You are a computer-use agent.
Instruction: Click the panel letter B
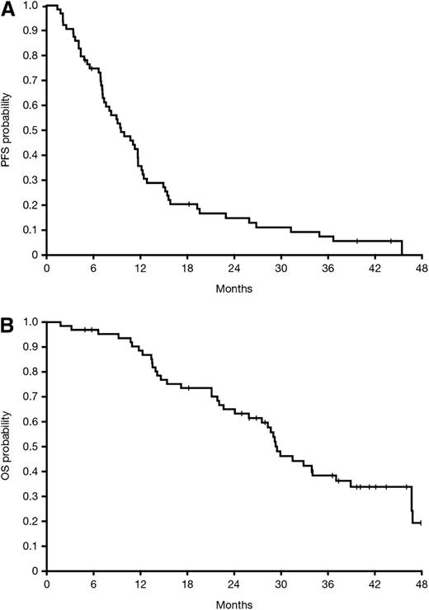coord(8,317)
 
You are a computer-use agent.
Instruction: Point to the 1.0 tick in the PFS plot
coord(30,6)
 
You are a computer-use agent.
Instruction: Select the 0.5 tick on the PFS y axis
coord(30,130)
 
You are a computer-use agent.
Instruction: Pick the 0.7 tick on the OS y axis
coord(30,397)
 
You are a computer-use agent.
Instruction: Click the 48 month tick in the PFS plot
coord(421,269)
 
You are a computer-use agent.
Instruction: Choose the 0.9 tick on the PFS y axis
coord(30,30)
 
